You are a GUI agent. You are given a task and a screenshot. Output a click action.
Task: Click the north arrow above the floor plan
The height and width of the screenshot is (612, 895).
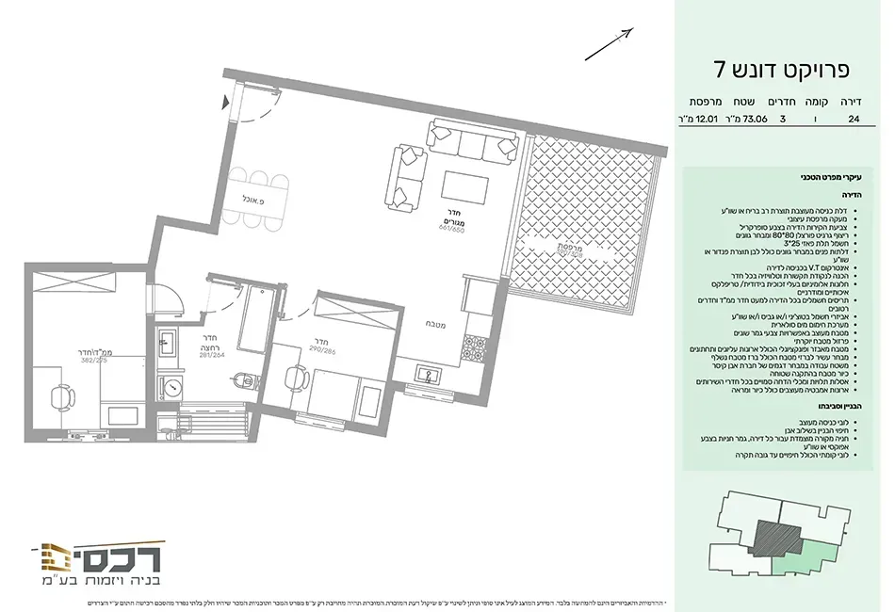609,44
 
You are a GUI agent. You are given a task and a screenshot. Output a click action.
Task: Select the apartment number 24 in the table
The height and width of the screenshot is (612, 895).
854,120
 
